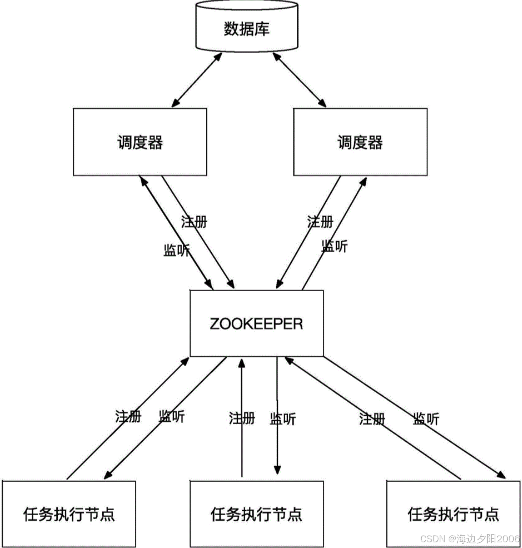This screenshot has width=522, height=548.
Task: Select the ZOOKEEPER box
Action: (256, 324)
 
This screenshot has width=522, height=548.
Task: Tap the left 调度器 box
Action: (140, 142)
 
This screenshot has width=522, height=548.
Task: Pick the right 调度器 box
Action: (360, 142)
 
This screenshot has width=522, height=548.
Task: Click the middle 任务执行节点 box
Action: (256, 513)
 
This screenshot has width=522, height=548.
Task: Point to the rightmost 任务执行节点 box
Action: (453, 513)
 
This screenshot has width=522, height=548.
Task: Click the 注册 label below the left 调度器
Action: (194, 221)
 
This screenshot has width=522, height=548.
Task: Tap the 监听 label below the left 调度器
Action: (176, 250)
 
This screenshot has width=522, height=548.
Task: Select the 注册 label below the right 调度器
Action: (320, 221)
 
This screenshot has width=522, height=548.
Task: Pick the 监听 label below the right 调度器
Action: (334, 246)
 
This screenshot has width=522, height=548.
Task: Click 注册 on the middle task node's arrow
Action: (242, 418)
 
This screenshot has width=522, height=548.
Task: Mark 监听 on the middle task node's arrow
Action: (283, 418)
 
